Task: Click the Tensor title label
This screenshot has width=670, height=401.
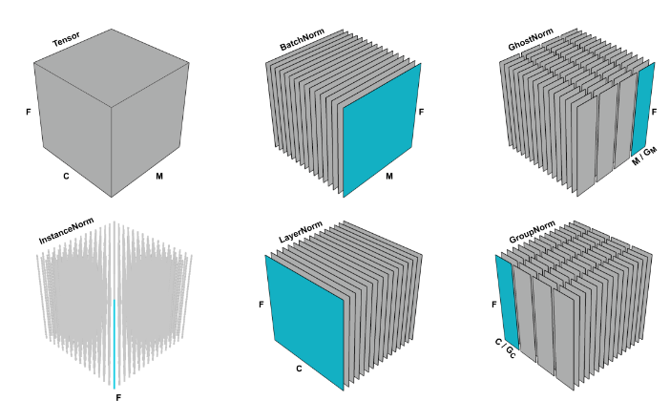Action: pyautogui.click(x=66, y=40)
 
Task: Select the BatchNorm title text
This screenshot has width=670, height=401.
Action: pyautogui.click(x=303, y=40)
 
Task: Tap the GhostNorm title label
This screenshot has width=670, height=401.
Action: pyautogui.click(x=531, y=39)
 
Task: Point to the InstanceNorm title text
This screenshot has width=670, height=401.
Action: pyautogui.click(x=66, y=231)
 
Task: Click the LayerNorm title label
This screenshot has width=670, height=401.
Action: pyautogui.click(x=301, y=232)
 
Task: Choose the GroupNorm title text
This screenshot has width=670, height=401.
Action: pyautogui.click(x=532, y=232)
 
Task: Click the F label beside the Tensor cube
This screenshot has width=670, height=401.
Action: pyautogui.click(x=29, y=112)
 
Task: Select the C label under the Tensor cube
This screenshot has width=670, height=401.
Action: pyautogui.click(x=66, y=176)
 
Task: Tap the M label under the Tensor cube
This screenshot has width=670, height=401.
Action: pyautogui.click(x=159, y=176)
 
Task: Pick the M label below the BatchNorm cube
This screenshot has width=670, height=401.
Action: pyautogui.click(x=389, y=176)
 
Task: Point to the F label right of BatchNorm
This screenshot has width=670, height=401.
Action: pyautogui.click(x=421, y=112)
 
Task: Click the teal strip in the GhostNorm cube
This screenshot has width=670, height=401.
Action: pyautogui.click(x=642, y=109)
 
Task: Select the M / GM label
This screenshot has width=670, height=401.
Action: pyautogui.click(x=644, y=156)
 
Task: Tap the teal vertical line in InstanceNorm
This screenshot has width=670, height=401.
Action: pyautogui.click(x=115, y=344)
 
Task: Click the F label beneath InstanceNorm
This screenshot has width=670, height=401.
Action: pyautogui.click(x=118, y=397)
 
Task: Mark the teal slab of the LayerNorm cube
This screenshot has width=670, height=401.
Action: pyautogui.click(x=304, y=322)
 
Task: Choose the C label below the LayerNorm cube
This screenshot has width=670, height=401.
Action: pyautogui.click(x=299, y=369)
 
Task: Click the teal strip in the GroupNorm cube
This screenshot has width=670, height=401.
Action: pyautogui.click(x=507, y=302)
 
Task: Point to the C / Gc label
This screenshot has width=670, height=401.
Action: pyautogui.click(x=506, y=348)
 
